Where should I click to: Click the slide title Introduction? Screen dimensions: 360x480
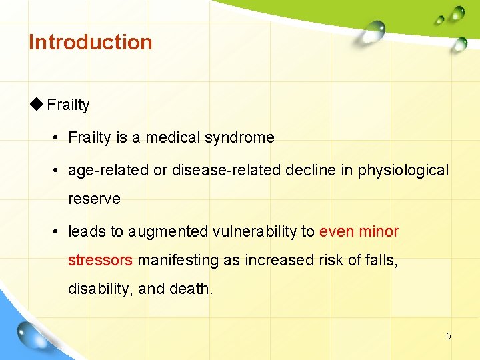tap(90, 42)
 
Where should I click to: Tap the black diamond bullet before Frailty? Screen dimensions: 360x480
tap(37, 105)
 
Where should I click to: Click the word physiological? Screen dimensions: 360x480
tap(403, 171)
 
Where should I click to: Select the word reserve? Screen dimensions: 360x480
tap(94, 199)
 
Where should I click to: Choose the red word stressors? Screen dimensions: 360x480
tap(100, 260)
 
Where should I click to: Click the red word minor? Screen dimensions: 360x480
tap(378, 232)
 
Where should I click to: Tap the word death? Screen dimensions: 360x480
tap(194, 289)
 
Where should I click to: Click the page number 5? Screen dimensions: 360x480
tap(448, 336)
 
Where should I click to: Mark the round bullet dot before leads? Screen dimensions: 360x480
tap(57, 232)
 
